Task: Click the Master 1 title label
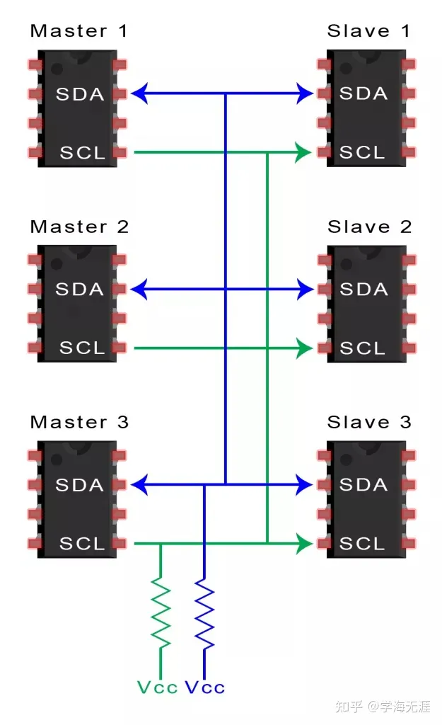(x=79, y=31)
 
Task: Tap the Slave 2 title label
(x=368, y=227)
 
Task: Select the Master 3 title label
(x=79, y=423)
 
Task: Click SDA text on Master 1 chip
(x=79, y=93)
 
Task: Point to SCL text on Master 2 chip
(x=82, y=348)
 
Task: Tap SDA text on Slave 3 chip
(x=364, y=485)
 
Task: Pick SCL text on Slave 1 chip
(x=362, y=152)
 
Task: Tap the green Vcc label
(x=157, y=687)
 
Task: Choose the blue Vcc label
(x=204, y=687)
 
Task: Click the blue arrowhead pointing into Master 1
(x=139, y=93)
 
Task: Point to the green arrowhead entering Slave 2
(x=304, y=348)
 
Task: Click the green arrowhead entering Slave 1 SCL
(x=304, y=152)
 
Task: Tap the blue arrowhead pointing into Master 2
(x=139, y=289)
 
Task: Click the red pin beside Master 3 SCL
(x=120, y=544)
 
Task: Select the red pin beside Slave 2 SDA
(x=324, y=289)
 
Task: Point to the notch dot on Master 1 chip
(x=57, y=68)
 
